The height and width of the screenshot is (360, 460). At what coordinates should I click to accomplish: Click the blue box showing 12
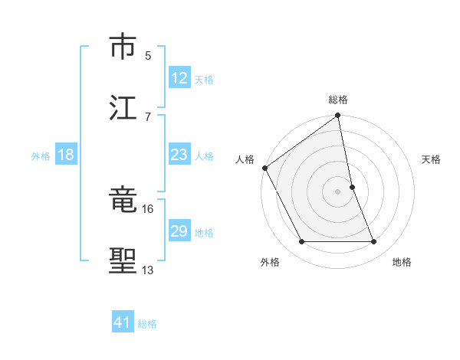click(179, 78)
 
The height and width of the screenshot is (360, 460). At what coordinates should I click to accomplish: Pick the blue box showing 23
click(179, 155)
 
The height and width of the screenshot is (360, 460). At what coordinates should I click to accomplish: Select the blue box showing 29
click(179, 232)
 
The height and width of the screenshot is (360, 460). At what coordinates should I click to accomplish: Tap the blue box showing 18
click(66, 155)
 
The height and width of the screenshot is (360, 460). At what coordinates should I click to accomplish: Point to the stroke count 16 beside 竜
click(148, 208)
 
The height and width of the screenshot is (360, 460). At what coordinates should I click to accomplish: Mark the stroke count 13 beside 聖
click(148, 270)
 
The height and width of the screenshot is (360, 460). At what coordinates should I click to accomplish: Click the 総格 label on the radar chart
click(338, 100)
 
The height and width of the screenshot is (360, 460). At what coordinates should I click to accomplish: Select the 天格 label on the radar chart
click(432, 159)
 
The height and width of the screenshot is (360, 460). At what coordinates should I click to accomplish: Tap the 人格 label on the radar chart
click(245, 159)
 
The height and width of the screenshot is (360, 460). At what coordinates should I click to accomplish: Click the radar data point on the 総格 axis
click(338, 116)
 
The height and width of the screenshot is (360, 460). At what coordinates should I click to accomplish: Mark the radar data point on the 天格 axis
click(353, 187)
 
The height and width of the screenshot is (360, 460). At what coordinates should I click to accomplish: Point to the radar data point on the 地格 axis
click(374, 242)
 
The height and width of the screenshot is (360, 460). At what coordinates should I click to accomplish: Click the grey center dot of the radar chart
click(338, 191)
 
